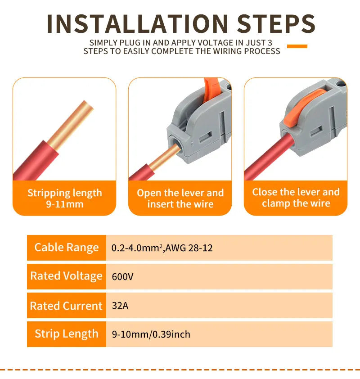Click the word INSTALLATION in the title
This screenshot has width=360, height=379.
138,24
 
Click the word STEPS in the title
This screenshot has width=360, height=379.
276,24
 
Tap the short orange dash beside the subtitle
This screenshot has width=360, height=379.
297,46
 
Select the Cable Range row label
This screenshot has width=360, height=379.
67,248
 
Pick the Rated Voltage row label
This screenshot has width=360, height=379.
67,276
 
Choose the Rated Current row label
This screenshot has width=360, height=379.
66,306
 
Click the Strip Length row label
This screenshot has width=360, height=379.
67,334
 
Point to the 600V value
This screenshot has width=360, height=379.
122,276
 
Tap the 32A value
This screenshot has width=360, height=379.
120,306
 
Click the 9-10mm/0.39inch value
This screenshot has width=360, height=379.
151,334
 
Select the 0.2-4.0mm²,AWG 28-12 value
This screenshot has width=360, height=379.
162,248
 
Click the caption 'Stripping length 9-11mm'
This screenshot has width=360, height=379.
65,199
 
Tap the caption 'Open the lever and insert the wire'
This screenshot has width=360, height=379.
180,199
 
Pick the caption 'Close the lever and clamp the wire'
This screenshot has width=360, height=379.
296,198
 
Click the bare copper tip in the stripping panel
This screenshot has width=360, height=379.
71,125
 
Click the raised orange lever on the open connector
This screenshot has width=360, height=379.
211,90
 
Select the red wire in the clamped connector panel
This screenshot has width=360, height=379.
269,158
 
